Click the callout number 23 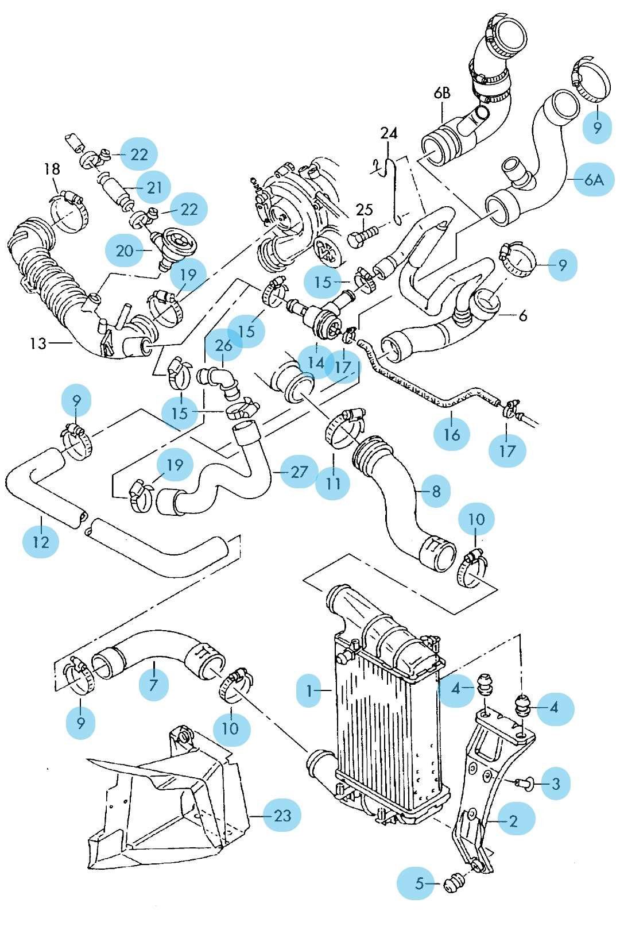point(282,815)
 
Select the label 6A point(594,180)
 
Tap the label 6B point(442,92)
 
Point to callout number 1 point(310,690)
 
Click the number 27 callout point(299,472)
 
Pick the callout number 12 point(41,542)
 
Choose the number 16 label point(452,434)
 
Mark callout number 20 point(125,250)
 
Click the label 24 point(389,133)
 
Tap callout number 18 point(52,169)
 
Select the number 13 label point(38,344)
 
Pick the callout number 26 point(223,345)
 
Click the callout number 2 point(513,821)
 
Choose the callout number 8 point(436,491)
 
